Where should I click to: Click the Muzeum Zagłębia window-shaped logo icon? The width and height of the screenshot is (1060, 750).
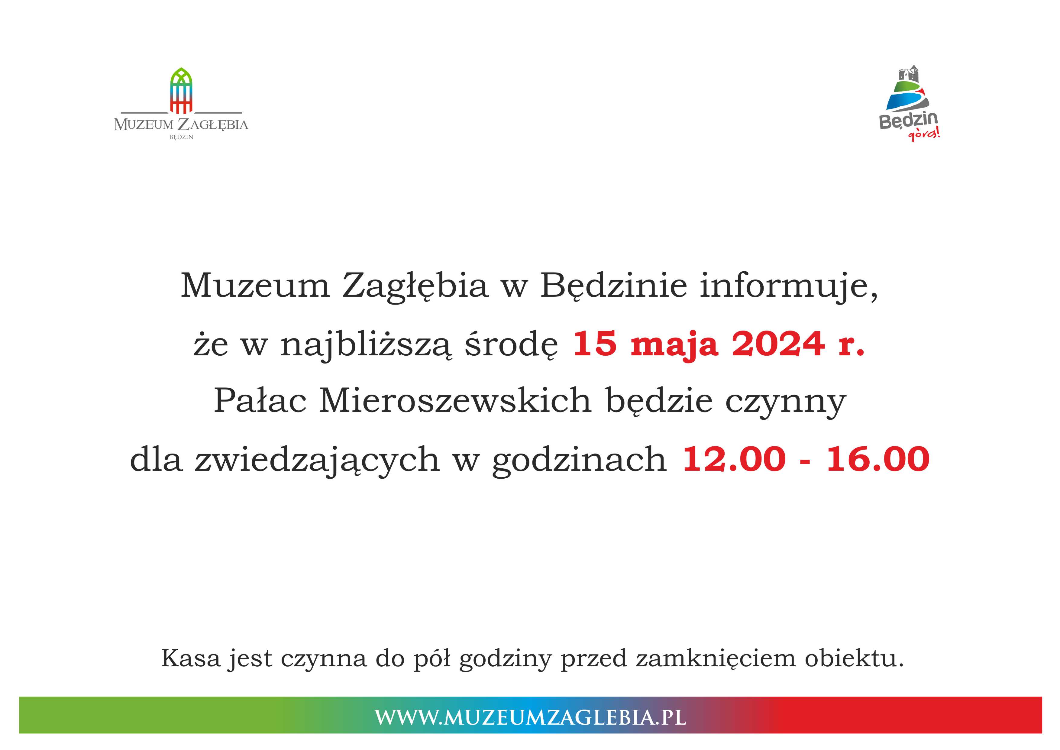coord(181,91)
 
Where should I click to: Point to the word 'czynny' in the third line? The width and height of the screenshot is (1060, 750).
coord(785,404)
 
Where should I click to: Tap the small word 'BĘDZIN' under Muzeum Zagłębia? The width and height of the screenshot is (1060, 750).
coord(181,137)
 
